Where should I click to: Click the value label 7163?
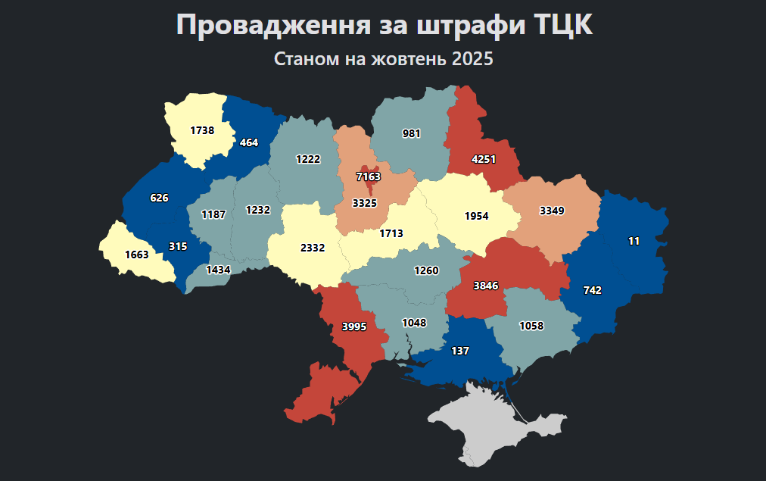pos(369,176)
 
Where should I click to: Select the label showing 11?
pos(634,241)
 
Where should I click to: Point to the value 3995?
pos(354,326)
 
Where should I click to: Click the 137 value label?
pos(460,351)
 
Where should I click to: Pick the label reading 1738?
pos(202,130)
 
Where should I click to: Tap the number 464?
pos(249,142)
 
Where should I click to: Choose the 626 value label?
pos(159,198)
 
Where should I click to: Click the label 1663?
pos(137,255)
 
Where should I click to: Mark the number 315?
pos(178,246)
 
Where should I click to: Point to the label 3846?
pos(486,286)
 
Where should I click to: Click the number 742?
pos(593,290)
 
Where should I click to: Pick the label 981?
pos(412,133)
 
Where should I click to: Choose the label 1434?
pos(218,270)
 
